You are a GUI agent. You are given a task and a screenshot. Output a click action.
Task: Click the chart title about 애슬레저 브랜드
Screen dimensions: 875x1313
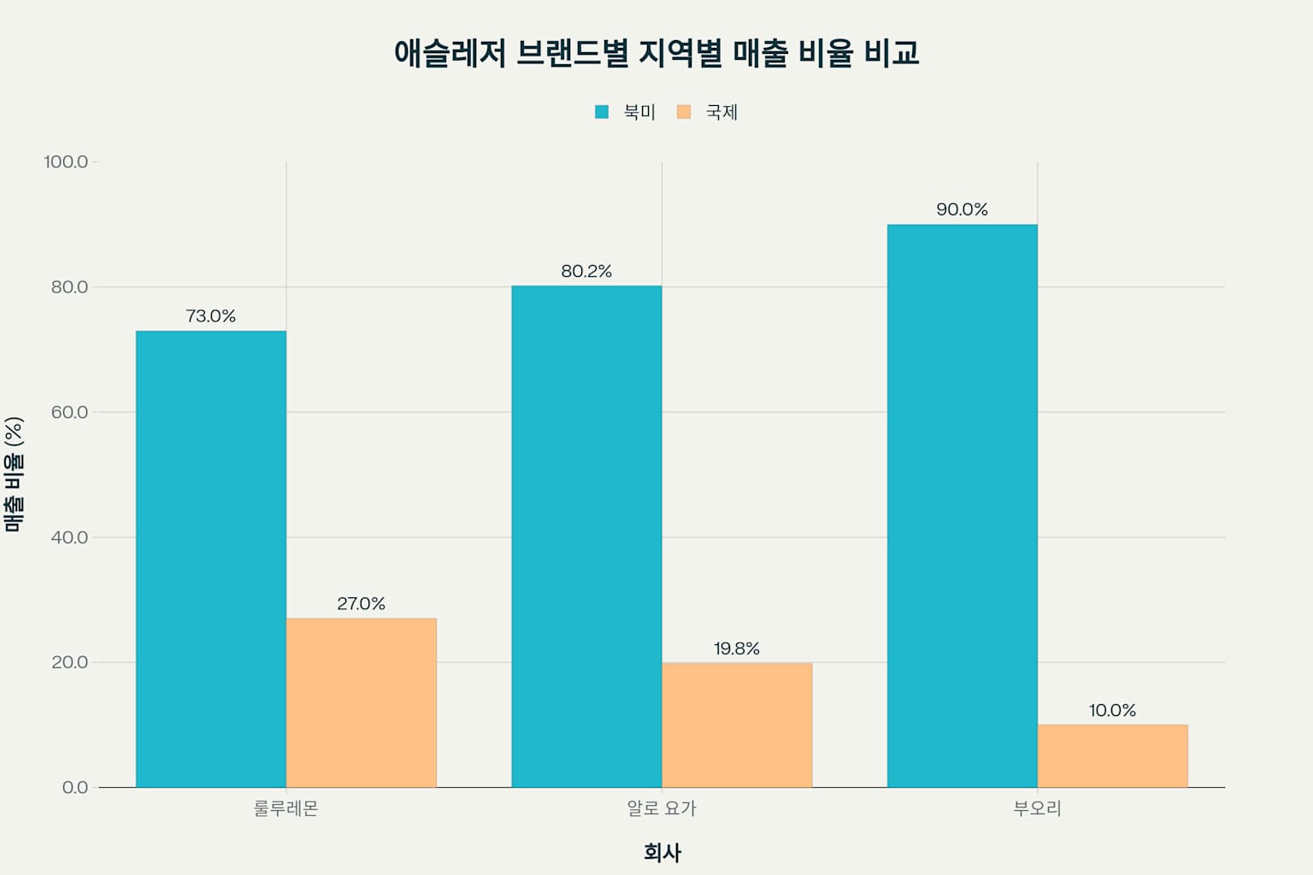(x=656, y=53)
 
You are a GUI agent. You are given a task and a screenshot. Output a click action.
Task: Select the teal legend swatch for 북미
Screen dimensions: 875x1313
(x=602, y=112)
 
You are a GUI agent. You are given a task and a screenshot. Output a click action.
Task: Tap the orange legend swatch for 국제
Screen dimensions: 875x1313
(x=683, y=112)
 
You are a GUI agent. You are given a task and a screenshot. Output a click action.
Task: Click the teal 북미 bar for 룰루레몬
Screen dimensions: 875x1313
(x=211, y=559)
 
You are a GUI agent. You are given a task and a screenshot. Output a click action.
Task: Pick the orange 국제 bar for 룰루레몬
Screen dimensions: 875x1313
(x=361, y=702)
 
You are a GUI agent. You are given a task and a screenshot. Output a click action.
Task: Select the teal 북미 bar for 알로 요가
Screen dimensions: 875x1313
(x=586, y=536)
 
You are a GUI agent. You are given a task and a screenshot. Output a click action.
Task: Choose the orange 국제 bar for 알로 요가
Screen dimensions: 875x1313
(x=737, y=725)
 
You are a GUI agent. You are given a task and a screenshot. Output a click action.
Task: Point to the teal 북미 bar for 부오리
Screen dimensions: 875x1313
(x=962, y=506)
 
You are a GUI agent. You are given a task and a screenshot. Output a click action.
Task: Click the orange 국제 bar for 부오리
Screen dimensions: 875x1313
(x=1112, y=755)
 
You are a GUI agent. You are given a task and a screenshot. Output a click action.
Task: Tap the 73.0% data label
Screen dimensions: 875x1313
(x=211, y=316)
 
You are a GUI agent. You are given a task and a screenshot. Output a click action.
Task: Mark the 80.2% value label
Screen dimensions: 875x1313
(x=586, y=271)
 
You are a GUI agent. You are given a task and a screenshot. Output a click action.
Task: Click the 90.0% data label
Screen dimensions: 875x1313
(x=962, y=209)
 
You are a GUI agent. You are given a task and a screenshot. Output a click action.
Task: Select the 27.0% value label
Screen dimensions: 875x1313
(x=361, y=603)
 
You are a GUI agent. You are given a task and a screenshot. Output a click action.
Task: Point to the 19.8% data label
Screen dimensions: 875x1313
(x=737, y=649)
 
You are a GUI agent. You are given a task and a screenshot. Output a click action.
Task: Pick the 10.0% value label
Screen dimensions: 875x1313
(x=1112, y=710)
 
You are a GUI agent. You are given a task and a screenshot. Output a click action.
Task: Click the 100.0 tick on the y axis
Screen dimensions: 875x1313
(x=66, y=161)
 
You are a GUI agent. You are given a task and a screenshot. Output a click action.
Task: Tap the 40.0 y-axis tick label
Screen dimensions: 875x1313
(x=69, y=537)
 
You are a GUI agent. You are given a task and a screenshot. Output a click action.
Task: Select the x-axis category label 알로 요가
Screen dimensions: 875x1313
(x=662, y=808)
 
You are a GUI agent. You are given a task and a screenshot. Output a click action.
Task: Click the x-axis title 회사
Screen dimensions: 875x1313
(x=662, y=852)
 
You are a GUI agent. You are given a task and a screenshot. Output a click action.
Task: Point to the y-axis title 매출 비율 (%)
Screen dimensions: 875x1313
(x=14, y=474)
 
